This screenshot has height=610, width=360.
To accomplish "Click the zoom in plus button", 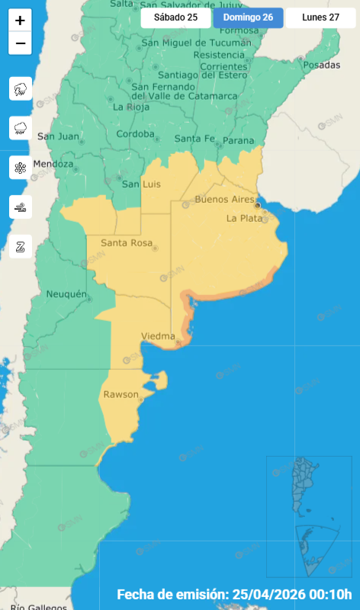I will [x=20, y=21].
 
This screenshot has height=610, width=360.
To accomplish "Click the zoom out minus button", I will [x=20, y=43].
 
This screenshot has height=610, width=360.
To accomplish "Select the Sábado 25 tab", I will [x=175, y=18].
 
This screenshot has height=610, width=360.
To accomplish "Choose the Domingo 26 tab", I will [x=248, y=18].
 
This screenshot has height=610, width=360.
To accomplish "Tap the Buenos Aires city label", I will [x=224, y=200].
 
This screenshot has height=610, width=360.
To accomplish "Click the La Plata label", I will [x=244, y=218].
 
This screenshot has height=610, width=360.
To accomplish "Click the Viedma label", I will [x=159, y=335].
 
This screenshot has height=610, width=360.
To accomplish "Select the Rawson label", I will [x=121, y=394].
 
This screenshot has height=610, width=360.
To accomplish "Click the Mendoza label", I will [x=53, y=164].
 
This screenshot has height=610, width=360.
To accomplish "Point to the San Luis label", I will [x=140, y=184].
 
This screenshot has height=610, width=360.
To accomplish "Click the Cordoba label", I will [x=135, y=134].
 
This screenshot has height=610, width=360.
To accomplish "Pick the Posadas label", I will [x=321, y=65].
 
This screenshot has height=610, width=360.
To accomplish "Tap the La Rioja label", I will [x=130, y=107].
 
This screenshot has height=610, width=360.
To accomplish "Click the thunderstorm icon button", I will [x=20, y=89].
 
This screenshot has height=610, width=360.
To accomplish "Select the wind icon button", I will [x=20, y=206].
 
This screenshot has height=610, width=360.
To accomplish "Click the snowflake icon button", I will [x=20, y=167].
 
